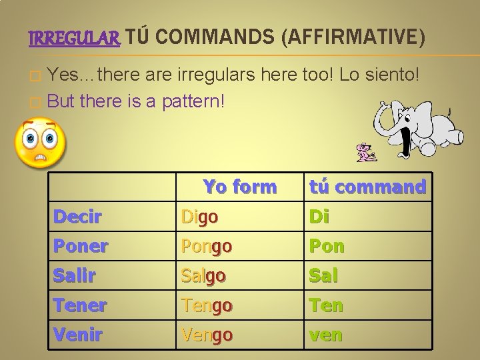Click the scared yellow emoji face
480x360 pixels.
coord(40,142)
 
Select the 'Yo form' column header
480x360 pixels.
coord(239,187)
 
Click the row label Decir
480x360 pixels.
coord(77,217)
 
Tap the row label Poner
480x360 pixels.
coord(80,246)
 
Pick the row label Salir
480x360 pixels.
coord(75,275)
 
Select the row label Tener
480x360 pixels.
coord(79,305)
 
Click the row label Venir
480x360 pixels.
coord(77,335)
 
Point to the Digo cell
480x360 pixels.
coord(200,217)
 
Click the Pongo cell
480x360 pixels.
coord(207,246)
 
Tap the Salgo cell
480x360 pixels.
coord(204,275)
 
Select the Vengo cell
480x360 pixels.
coord(207,335)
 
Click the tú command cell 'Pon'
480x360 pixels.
coord(326,246)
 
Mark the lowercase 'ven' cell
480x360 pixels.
coord(325,335)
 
